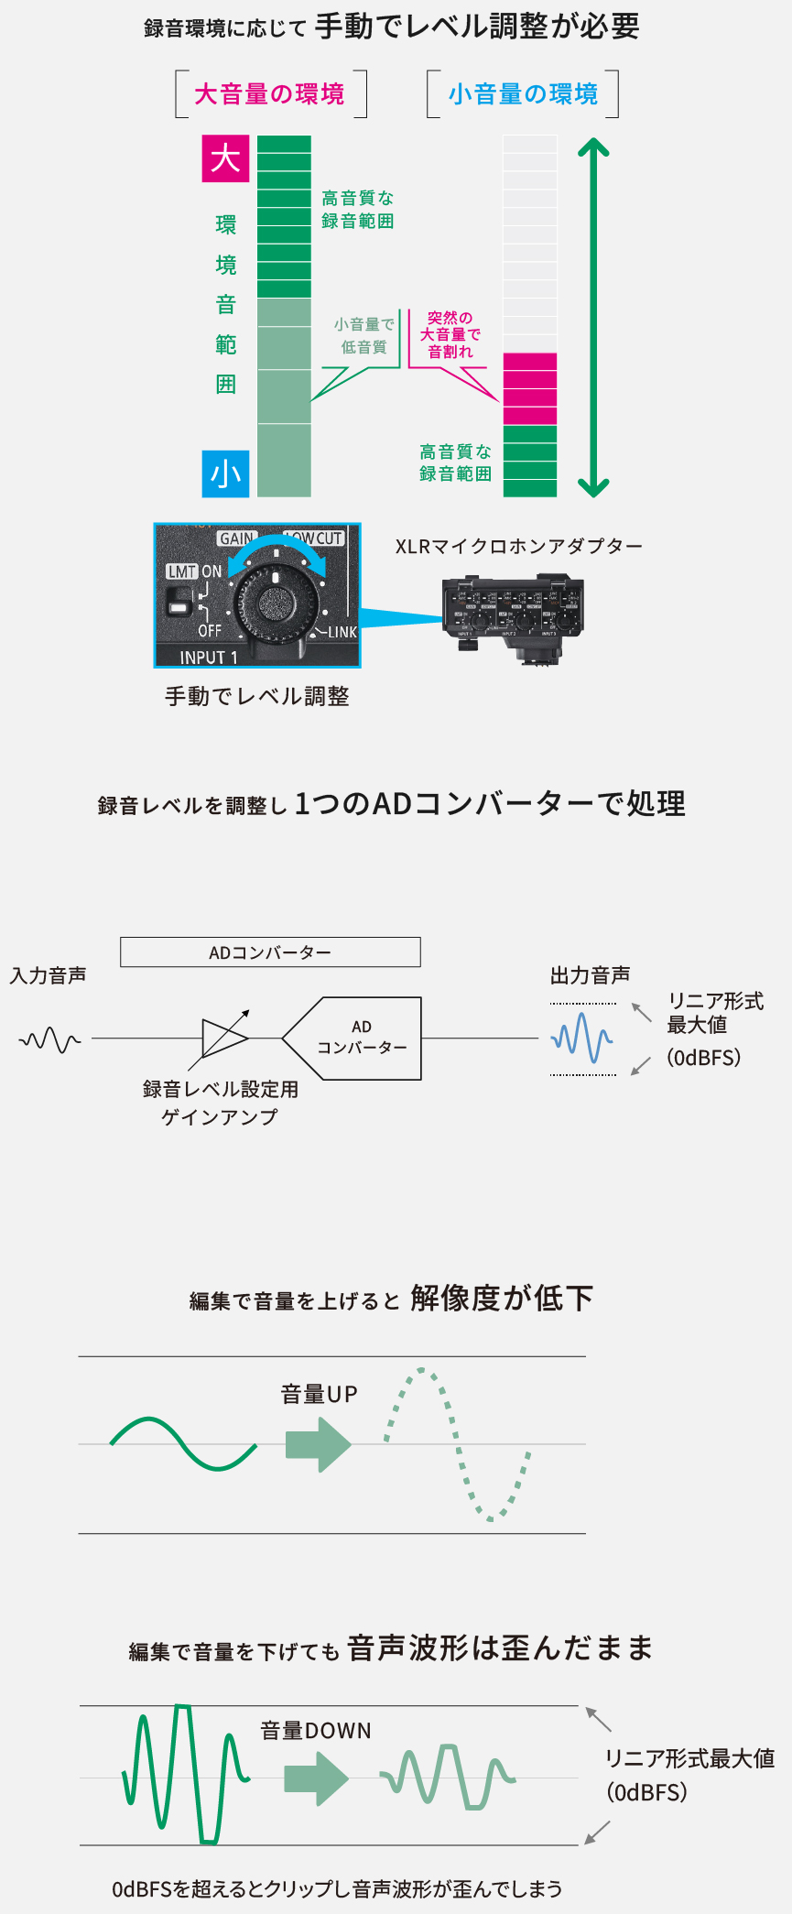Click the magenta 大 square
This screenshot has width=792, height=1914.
pos(225,159)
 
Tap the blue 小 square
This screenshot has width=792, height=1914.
pos(225,474)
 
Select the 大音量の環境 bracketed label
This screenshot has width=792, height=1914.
pos(270,94)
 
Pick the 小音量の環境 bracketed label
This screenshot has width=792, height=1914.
pos(523,94)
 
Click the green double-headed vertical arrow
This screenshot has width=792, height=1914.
pos(593,317)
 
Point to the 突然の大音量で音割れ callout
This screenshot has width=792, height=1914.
pos(450,335)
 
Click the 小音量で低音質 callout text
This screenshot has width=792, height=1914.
pos(363,336)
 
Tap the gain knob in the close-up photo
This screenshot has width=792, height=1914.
pos(274,602)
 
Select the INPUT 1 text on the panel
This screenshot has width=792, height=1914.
pos(208,658)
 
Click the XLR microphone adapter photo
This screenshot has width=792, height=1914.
pos(513,614)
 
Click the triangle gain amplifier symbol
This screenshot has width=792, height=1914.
pos(222,1039)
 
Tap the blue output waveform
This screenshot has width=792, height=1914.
pos(581,1039)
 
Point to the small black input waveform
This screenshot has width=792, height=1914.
pos(49,1039)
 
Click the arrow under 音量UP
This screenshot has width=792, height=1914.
pos(318,1444)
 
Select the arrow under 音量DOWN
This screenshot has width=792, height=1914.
pos(316,1778)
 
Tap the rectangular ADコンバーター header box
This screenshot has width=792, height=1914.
pos(270,952)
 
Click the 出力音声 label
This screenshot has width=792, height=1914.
pos(590,975)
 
